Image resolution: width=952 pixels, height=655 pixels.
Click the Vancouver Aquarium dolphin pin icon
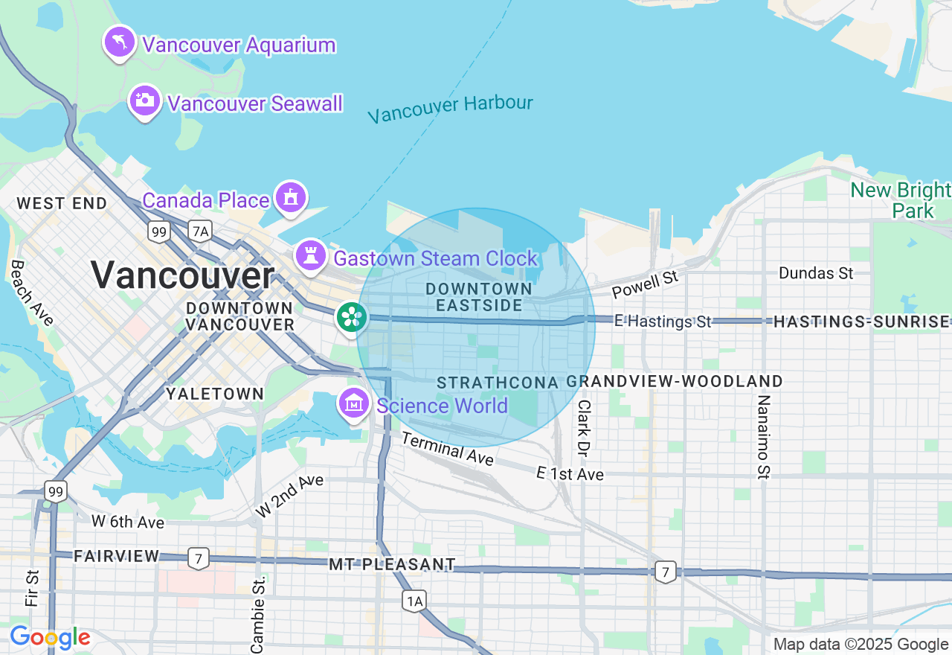[x=119, y=42]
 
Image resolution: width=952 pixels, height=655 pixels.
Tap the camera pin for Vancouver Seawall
[x=144, y=101]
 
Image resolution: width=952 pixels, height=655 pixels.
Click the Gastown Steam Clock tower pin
[x=311, y=256]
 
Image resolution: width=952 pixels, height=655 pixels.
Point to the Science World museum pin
[x=354, y=403]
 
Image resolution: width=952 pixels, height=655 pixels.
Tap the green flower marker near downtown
[x=350, y=317]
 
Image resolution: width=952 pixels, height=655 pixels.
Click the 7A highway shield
[x=199, y=231]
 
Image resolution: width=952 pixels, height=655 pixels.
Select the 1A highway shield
[x=414, y=600]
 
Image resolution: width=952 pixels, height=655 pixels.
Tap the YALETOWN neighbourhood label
[x=214, y=394]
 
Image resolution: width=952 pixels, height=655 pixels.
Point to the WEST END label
[x=62, y=203]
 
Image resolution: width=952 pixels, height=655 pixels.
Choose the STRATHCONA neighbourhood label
[x=497, y=383]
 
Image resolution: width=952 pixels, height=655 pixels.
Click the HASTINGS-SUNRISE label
[x=861, y=322]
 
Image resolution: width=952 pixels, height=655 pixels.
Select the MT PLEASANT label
[x=392, y=565]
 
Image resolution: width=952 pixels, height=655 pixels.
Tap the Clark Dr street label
[x=583, y=428]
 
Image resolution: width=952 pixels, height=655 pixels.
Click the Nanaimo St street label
[x=764, y=436]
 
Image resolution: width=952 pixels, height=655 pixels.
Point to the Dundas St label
[x=816, y=273]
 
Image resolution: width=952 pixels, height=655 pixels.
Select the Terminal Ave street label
[x=447, y=449]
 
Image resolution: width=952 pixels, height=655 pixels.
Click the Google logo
[x=50, y=637]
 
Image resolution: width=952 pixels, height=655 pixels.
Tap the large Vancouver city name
[x=182, y=275]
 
